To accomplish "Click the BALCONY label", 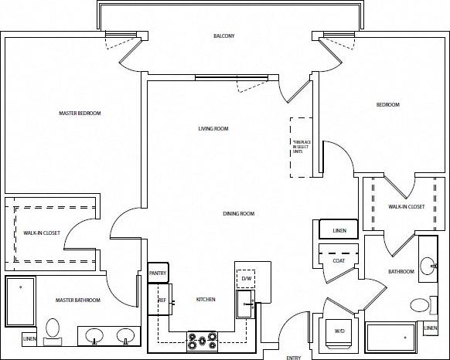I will click(x=224, y=36).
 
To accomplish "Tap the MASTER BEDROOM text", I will click(x=80, y=113).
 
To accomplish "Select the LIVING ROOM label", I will click(x=213, y=129).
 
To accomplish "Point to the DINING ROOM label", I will click(x=238, y=213).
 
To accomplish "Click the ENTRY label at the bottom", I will click(x=293, y=357).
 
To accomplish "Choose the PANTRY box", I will click(x=157, y=273).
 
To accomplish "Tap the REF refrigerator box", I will click(x=162, y=300).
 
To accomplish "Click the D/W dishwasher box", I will click(x=247, y=277).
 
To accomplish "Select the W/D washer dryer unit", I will click(x=339, y=331).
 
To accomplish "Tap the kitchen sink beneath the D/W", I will click(x=247, y=304).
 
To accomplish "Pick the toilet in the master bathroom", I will click(x=53, y=330).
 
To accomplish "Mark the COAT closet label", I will click(x=339, y=260).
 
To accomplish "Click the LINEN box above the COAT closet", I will click(x=339, y=230).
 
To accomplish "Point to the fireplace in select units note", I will click(x=300, y=148).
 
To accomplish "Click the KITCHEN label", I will click(x=205, y=299).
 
